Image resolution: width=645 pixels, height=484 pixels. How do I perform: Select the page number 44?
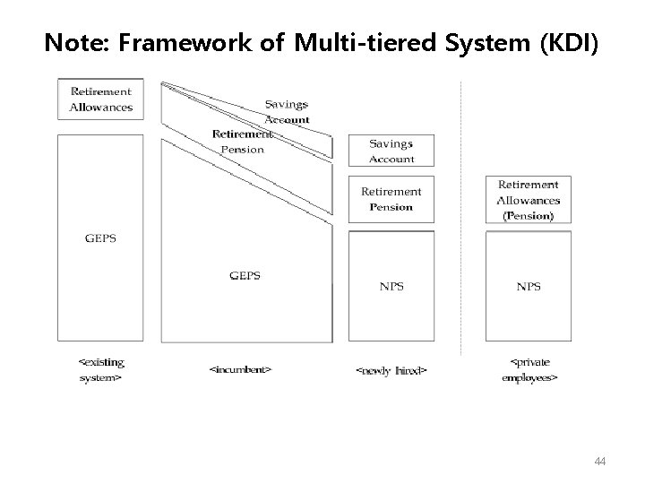click(600, 460)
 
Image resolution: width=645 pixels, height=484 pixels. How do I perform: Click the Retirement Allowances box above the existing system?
click(101, 99)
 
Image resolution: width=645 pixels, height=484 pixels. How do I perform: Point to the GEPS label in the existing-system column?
click(100, 239)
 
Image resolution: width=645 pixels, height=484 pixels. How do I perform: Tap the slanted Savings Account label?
click(288, 112)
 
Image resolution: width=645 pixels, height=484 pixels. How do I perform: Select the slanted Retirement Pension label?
click(242, 142)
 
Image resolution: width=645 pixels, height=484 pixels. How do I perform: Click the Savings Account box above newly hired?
click(391, 151)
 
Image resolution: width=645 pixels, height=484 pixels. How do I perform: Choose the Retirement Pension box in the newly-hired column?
click(391, 198)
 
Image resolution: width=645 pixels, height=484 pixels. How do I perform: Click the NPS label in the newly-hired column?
click(391, 287)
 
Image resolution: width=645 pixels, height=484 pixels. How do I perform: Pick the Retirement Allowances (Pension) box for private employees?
click(529, 200)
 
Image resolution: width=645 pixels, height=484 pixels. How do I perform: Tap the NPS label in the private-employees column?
click(529, 287)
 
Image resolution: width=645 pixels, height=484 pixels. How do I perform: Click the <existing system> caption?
click(101, 370)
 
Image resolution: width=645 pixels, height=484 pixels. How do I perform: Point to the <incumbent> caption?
click(240, 368)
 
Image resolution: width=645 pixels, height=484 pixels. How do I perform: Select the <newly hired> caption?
click(391, 369)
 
